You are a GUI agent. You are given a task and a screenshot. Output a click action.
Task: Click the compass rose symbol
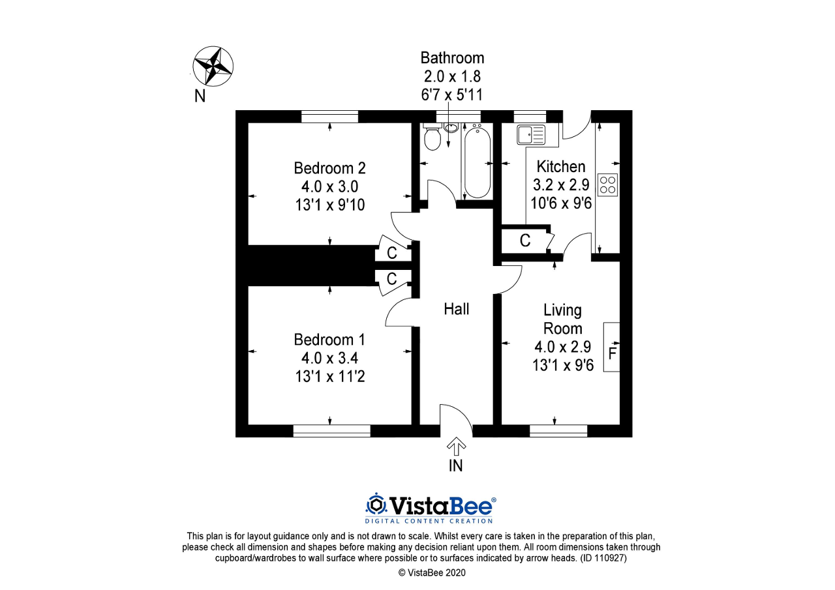pos(213,66)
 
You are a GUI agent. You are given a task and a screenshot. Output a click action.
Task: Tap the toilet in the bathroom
pos(433,137)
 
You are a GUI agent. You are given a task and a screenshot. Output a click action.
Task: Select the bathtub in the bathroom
pos(477,162)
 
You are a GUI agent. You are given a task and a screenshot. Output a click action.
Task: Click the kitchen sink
pos(531,134)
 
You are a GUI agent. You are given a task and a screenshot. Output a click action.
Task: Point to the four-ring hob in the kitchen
pos(607,184)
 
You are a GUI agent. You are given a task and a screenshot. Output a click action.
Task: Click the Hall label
pos(456,309)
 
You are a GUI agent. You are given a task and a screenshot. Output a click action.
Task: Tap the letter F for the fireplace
pos(612,353)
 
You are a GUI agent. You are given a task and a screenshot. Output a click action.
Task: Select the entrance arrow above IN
pos(456,446)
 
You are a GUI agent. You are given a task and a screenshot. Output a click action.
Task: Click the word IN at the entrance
pos(455,466)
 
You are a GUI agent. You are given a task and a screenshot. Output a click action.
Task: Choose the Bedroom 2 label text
pos(329,168)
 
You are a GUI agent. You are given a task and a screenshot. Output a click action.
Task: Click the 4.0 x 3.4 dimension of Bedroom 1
pos(329,358)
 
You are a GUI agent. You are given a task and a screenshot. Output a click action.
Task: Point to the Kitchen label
pos(560,166)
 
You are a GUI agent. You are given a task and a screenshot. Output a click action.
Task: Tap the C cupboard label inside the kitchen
pos(525,241)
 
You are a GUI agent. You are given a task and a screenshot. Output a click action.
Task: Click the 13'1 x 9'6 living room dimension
pos(562,365)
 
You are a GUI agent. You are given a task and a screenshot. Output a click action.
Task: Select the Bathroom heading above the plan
pos(452,58)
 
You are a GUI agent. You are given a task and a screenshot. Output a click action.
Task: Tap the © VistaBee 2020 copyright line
pos(432,573)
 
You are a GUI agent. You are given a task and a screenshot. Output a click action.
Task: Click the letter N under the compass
pos(200,96)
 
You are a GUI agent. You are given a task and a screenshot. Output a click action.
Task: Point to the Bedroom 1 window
pos(331,431)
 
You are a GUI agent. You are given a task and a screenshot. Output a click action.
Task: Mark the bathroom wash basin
pos(451,128)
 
